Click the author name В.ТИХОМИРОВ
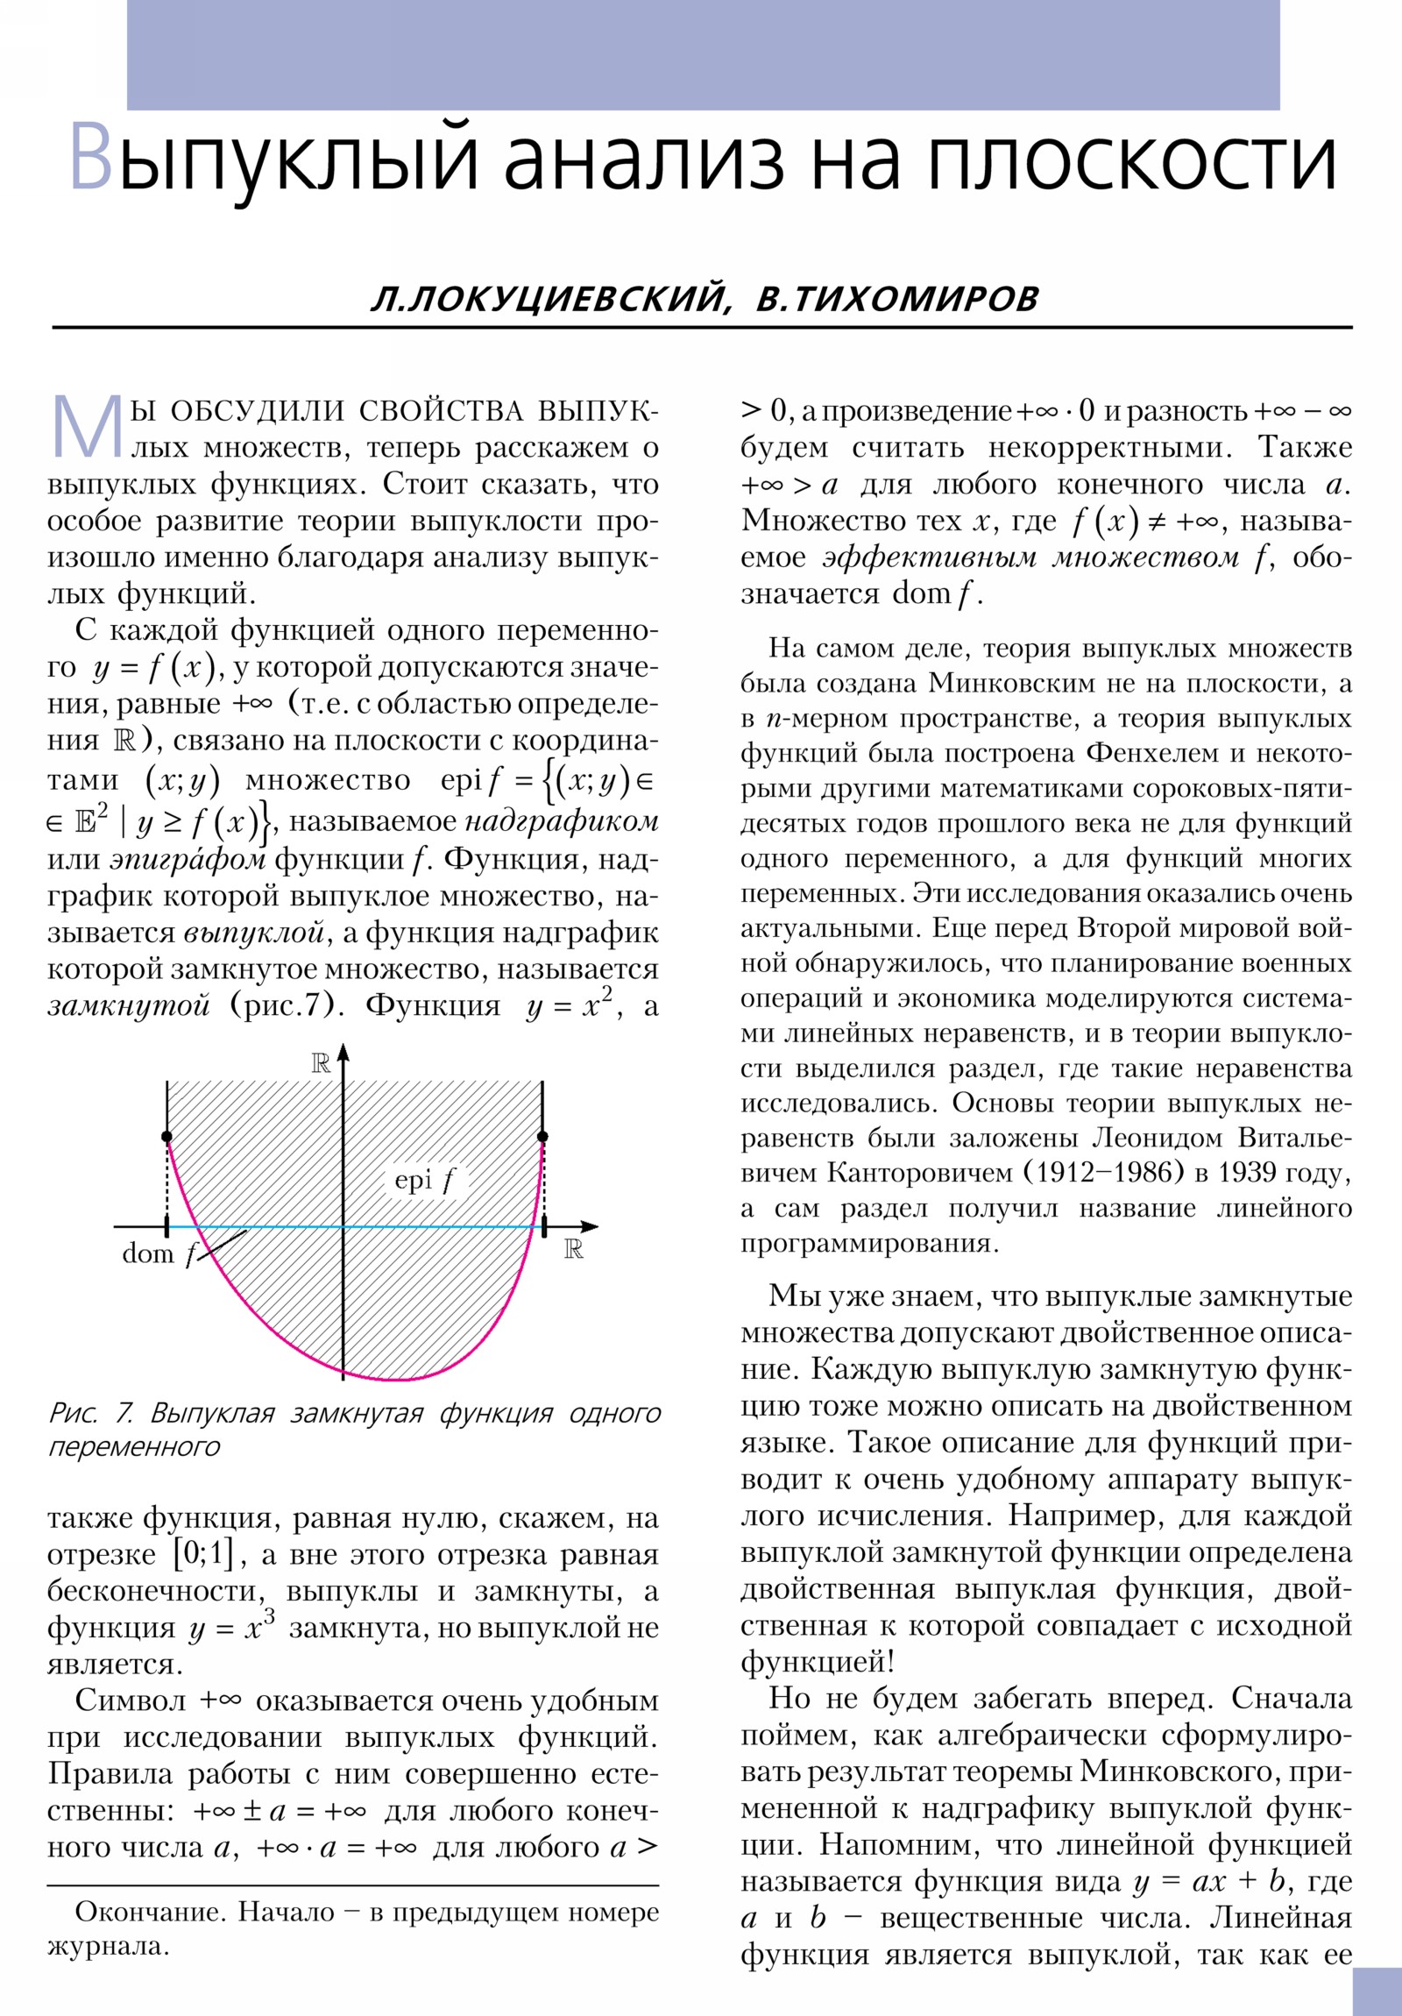[897, 299]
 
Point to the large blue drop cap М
[87, 427]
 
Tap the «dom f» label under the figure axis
[159, 1253]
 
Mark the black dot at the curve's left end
[166, 1137]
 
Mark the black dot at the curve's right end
[542, 1137]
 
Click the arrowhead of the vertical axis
[343, 1052]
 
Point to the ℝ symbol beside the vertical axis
[321, 1064]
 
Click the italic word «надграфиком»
[562, 822]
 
